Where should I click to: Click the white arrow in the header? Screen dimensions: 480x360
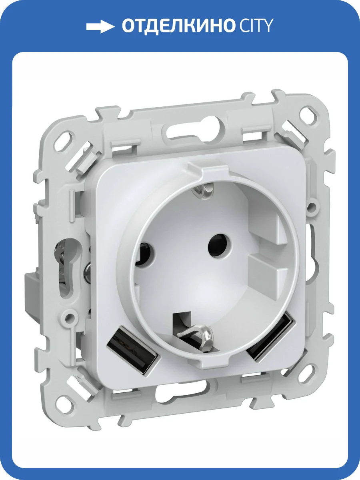[x=100, y=27]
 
